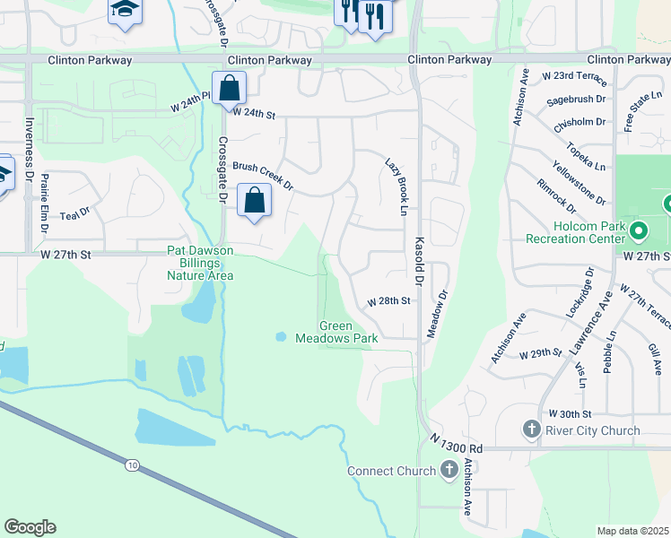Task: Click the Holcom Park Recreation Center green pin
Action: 638,232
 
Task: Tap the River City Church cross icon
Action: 531,430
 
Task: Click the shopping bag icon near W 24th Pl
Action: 229,89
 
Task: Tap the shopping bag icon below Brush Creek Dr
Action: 254,200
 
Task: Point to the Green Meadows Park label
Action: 349,332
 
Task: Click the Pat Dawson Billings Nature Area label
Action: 200,263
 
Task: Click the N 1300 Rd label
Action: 457,442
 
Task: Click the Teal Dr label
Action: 75,213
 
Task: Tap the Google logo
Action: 30,527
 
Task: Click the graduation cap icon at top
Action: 124,12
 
